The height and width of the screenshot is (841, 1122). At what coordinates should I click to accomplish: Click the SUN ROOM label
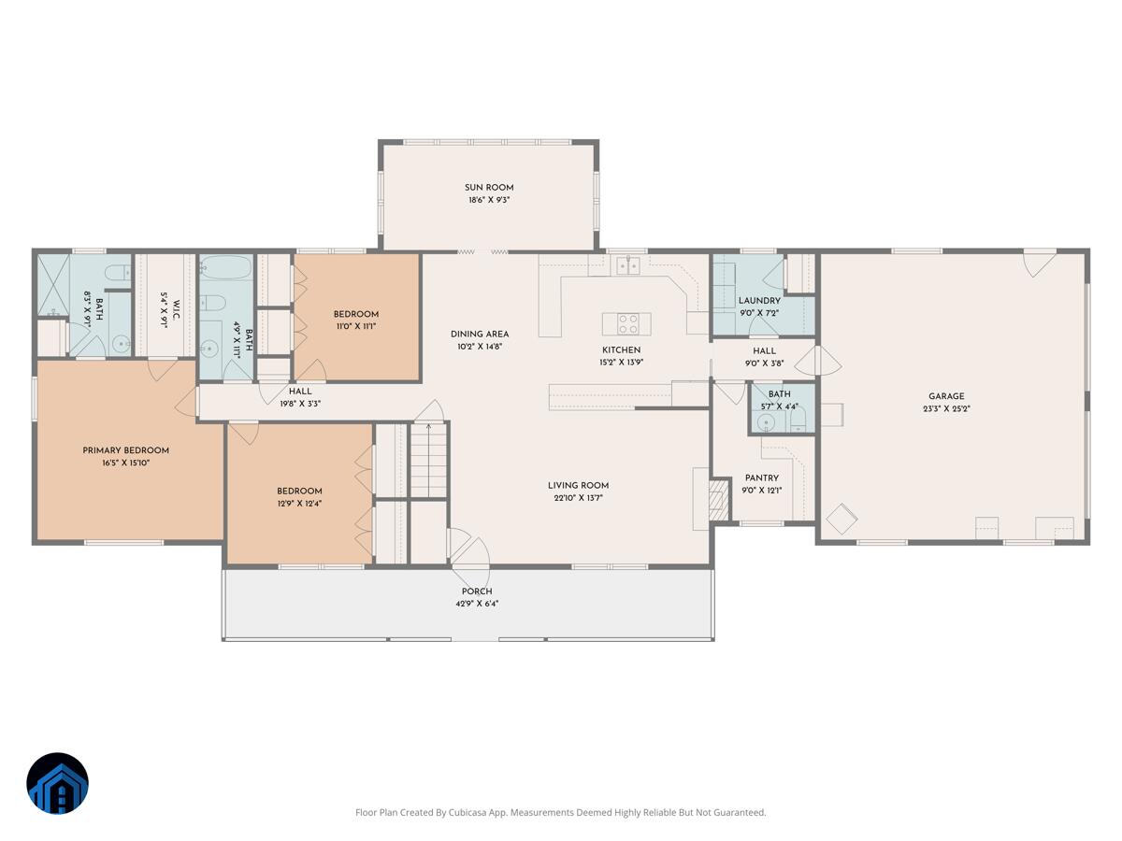489,188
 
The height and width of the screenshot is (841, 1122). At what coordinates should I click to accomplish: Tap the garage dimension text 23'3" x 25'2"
946,408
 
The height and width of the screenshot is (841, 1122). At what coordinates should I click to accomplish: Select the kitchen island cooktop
627,323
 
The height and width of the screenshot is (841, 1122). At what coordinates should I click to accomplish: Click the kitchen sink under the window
627,265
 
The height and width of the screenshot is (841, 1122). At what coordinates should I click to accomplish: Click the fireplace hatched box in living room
719,499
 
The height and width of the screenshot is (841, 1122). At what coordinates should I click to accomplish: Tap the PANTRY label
762,478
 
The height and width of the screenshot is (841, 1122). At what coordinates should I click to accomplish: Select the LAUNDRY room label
759,301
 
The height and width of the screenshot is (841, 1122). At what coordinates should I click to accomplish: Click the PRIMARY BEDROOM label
125,450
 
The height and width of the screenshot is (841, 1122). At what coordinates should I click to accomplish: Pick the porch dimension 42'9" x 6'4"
477,604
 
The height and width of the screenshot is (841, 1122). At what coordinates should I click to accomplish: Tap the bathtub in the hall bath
226,267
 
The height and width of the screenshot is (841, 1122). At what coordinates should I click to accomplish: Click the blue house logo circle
57,783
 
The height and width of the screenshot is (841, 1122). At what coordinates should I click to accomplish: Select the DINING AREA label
480,334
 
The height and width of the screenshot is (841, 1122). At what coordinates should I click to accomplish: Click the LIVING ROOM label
578,486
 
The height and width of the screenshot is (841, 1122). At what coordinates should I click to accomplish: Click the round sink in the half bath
766,422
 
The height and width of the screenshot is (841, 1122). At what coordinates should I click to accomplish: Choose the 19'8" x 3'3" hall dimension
300,404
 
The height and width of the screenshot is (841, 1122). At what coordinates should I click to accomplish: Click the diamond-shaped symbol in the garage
841,519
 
